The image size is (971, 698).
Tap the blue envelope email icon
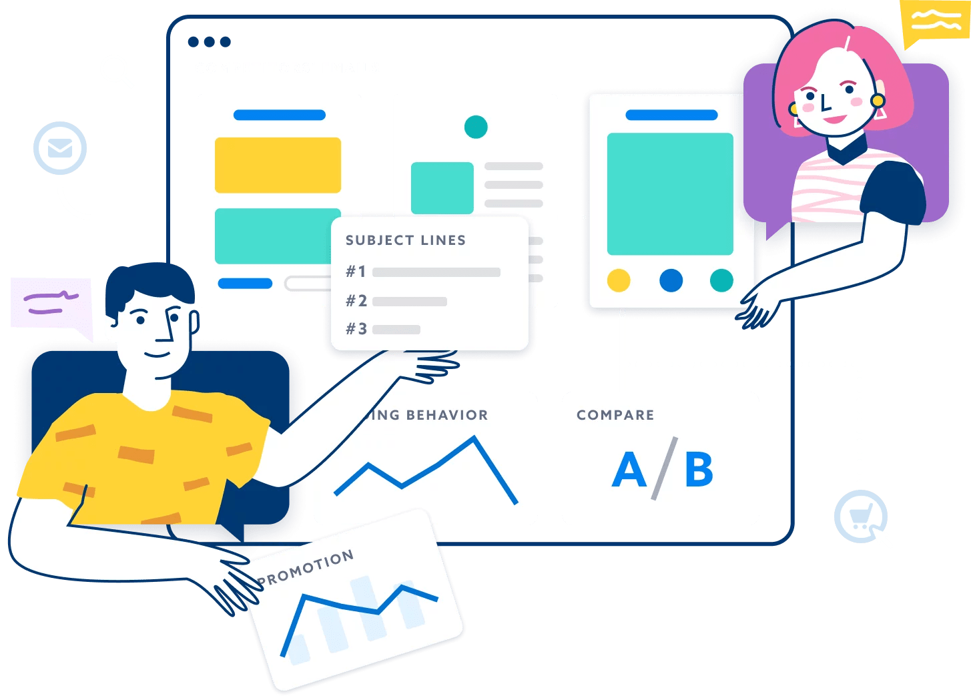(x=60, y=148)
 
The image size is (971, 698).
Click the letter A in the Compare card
(x=629, y=470)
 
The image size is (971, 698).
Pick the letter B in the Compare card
(x=699, y=470)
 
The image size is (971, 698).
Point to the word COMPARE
(x=615, y=415)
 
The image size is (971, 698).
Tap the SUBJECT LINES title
(x=405, y=240)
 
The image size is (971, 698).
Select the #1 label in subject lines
(x=356, y=272)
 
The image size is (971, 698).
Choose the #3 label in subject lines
(x=356, y=329)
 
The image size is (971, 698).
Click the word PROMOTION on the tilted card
(x=306, y=569)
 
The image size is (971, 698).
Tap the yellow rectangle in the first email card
(x=278, y=165)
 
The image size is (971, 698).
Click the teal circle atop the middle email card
(x=476, y=126)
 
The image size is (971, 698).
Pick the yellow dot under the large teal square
(x=619, y=280)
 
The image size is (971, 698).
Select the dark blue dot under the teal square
(x=671, y=280)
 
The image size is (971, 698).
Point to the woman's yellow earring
(x=877, y=101)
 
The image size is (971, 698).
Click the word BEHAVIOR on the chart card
(x=447, y=415)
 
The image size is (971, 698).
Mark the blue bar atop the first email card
(x=279, y=115)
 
